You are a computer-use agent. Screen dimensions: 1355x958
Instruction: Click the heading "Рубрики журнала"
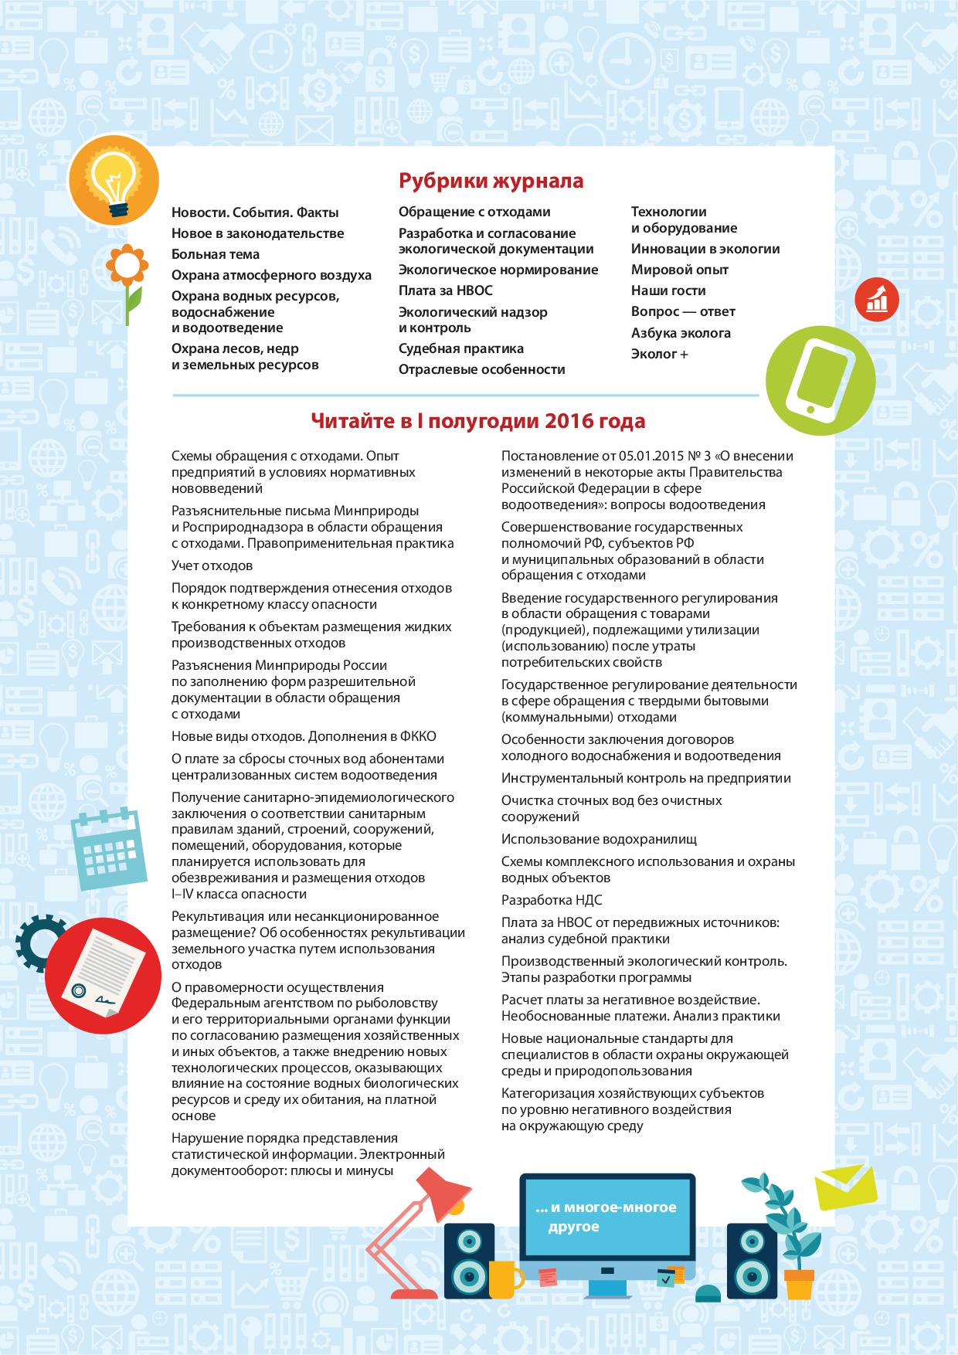coord(491,181)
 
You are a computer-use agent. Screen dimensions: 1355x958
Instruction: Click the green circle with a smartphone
coord(820,381)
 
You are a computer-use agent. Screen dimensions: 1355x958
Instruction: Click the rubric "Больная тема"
coord(216,254)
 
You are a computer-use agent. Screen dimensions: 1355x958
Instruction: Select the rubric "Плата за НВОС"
coord(445,290)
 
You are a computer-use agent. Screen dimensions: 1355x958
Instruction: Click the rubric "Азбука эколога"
coord(681,333)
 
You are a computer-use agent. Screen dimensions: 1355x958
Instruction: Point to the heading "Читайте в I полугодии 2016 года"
coord(477,421)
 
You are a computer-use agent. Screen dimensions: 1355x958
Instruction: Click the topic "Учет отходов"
coord(212,565)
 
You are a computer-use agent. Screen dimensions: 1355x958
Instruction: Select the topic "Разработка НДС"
coord(552,900)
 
